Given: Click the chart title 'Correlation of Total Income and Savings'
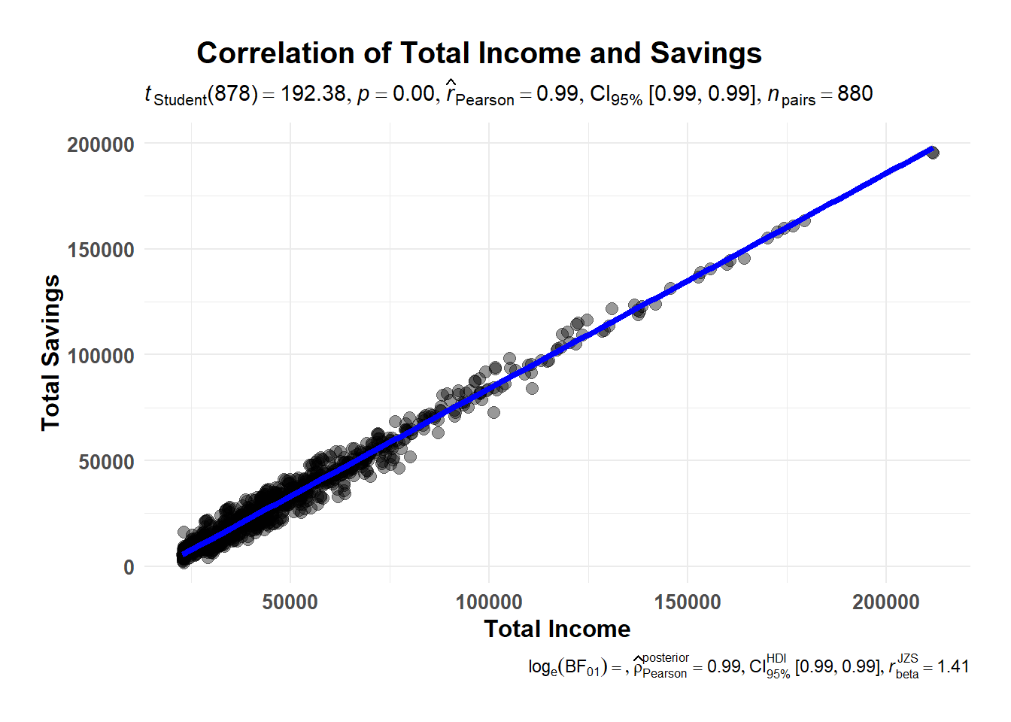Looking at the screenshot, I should click(479, 53).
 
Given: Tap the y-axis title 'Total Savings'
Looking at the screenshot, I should click(50, 353).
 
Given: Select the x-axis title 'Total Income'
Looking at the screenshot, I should click(557, 629).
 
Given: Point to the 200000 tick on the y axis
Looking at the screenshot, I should click(101, 144).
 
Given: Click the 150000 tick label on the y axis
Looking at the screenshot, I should click(101, 250).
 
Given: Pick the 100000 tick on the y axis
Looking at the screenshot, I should click(101, 356).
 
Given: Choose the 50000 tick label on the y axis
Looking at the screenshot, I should click(107, 462).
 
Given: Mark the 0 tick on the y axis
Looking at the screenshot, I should click(129, 567).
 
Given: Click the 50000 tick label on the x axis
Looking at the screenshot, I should click(290, 602).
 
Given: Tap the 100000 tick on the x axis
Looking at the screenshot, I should click(489, 602).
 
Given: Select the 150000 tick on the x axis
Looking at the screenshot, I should click(688, 602).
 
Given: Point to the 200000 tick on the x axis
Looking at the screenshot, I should click(886, 602).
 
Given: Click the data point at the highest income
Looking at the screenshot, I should click(933, 153).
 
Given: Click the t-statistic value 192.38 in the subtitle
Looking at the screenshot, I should click(313, 94).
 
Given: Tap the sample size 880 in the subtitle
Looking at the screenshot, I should click(855, 94).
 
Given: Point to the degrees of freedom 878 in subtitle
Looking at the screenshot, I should click(232, 94).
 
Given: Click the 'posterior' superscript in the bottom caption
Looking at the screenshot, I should click(665, 658).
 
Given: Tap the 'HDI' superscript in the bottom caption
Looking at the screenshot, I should click(776, 658).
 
